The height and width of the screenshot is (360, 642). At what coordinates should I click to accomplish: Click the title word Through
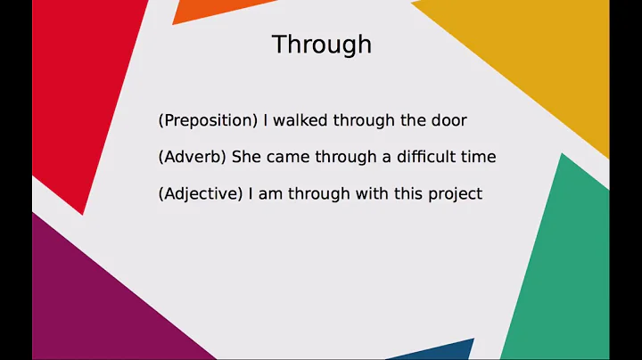[x=321, y=45]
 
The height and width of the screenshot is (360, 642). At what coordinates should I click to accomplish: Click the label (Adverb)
[x=192, y=157]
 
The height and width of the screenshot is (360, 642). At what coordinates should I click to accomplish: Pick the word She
[x=247, y=157]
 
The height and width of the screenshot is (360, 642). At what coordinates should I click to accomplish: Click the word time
[x=477, y=157]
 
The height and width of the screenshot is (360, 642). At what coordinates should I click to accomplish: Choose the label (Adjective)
[x=200, y=193]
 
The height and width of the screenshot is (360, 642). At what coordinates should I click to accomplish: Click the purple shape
[x=98, y=294]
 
